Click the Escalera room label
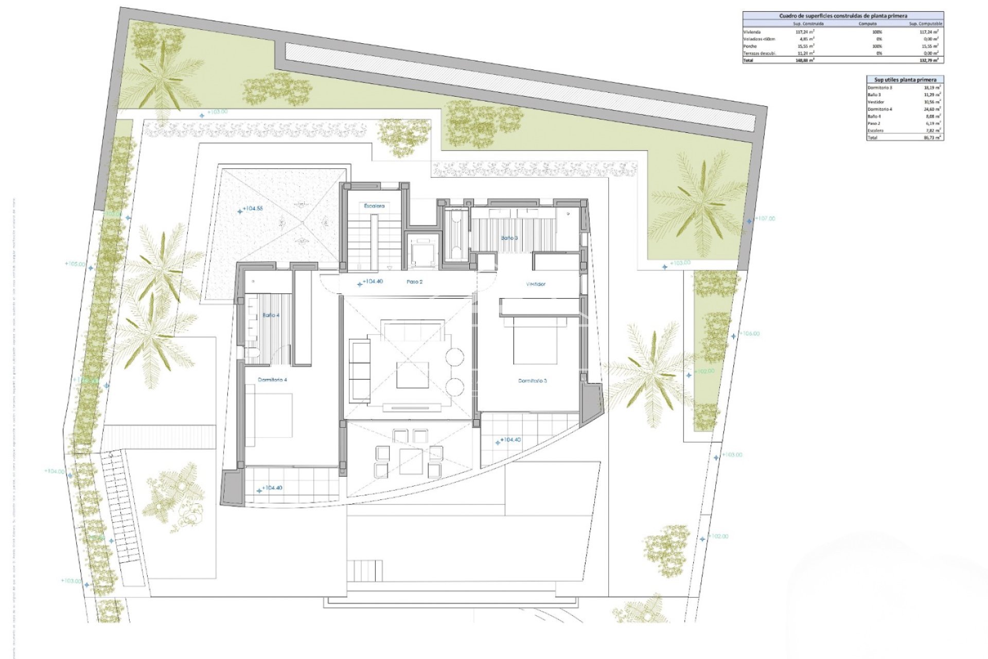click(x=374, y=206)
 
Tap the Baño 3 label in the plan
click(x=509, y=238)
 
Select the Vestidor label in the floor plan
click(x=535, y=284)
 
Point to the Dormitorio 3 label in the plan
click(x=532, y=381)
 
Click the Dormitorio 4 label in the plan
click(x=272, y=380)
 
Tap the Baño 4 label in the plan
click(x=271, y=315)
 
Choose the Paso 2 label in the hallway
click(x=414, y=282)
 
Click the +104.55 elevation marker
click(x=252, y=209)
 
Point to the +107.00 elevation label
click(x=765, y=219)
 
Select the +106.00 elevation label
click(x=749, y=334)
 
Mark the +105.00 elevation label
click(x=75, y=264)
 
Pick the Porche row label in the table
click(x=750, y=46)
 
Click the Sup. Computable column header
click(x=925, y=24)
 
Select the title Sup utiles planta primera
click(x=905, y=80)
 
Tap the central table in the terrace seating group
click(x=411, y=461)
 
